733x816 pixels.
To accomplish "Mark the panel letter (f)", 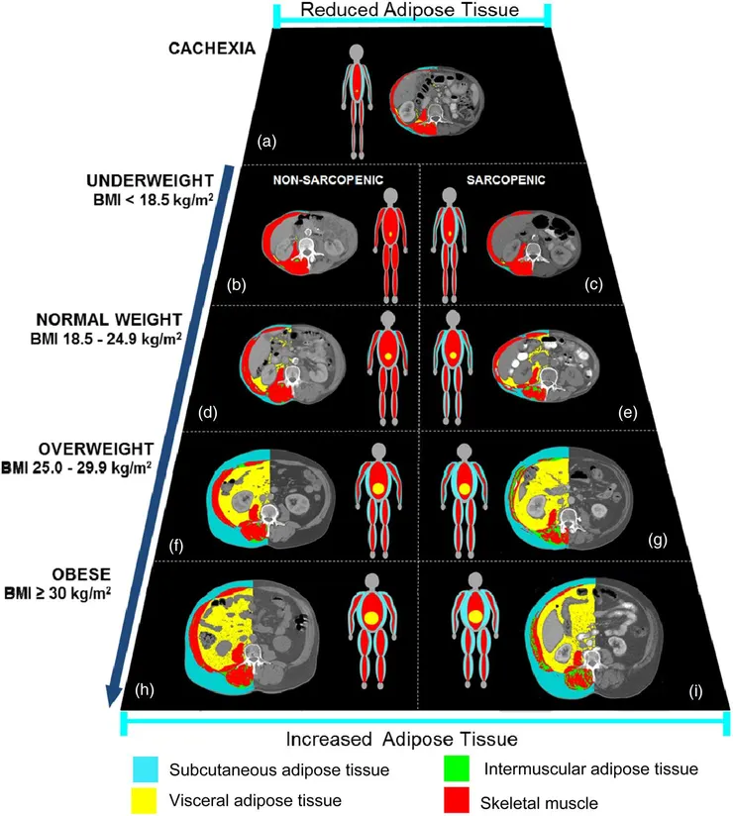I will tap(176, 543).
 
